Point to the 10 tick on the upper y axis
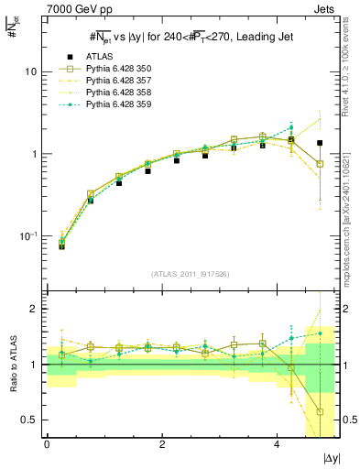[30, 71]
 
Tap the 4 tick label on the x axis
[278, 443]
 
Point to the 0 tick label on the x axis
[47, 443]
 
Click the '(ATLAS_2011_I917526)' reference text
[191, 273]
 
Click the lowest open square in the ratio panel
[320, 411]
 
